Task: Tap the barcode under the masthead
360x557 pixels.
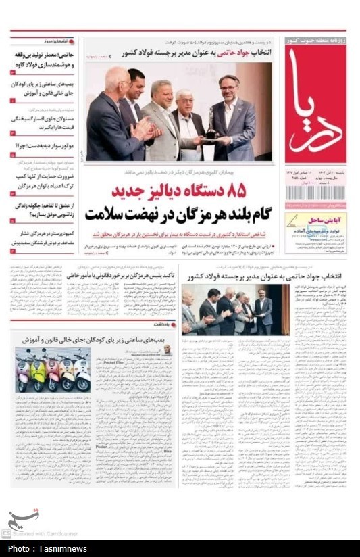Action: click(315, 193)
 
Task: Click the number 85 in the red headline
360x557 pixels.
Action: click(231, 191)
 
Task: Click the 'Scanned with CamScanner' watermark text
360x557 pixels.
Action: click(45, 534)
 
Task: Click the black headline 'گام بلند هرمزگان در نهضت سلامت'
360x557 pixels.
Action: click(177, 214)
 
